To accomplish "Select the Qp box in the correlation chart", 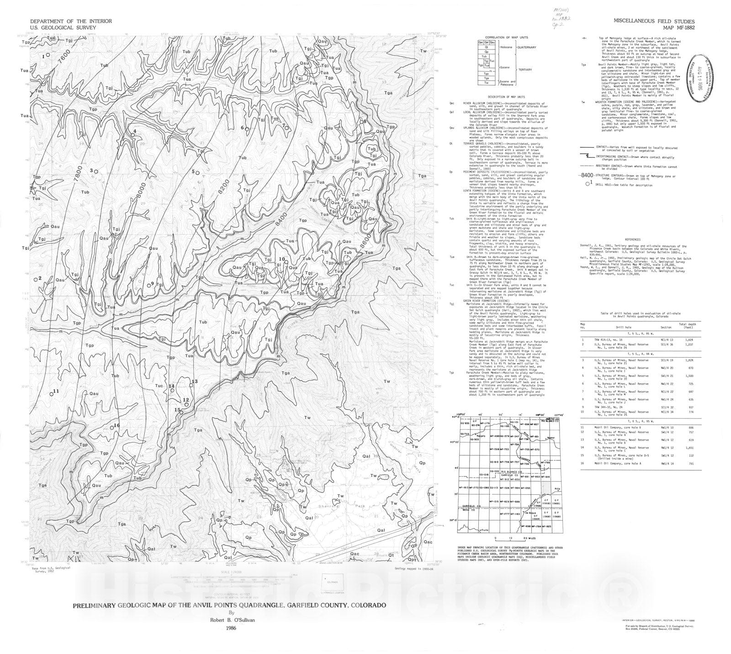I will pos(487,52).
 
